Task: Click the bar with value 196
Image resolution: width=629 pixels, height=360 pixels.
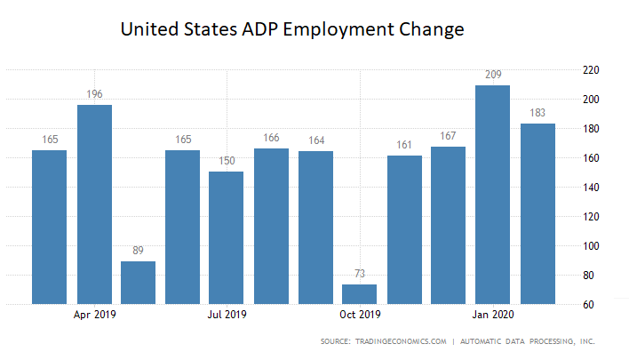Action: pos(94,204)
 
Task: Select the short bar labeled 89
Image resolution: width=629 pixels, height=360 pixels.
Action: pos(139,283)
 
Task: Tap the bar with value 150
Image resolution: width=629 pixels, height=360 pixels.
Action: pos(227,237)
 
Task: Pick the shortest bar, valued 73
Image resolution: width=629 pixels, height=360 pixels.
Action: pos(360,294)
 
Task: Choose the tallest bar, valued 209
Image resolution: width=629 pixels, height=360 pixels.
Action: pos(492,195)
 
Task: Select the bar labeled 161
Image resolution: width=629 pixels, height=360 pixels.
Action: pos(404,229)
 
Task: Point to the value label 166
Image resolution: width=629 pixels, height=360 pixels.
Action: pos(272,138)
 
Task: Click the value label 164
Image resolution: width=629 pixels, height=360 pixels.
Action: pos(316,140)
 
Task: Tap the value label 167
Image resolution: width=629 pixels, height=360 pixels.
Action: pos(449,136)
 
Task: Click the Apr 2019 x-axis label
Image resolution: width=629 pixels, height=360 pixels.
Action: pos(94,314)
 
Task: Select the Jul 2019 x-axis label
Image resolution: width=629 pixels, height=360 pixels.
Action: pos(227,314)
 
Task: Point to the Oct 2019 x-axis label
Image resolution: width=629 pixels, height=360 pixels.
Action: pos(360,314)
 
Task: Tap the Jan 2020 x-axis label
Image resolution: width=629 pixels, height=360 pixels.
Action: pos(493,314)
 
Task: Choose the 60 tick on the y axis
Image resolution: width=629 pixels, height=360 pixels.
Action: pos(589,305)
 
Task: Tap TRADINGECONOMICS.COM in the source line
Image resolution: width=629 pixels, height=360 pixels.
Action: pos(408,341)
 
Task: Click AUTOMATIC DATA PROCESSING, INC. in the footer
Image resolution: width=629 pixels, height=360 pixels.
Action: pos(523,341)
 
